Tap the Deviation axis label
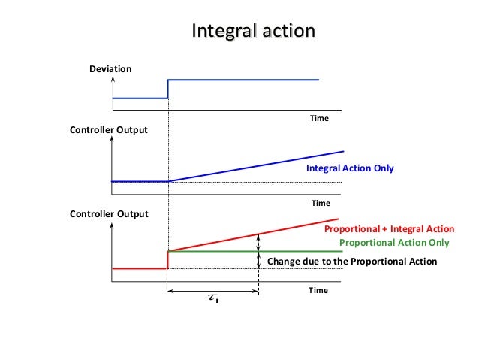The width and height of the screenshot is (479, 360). click(x=110, y=69)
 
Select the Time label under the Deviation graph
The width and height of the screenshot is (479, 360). click(x=320, y=118)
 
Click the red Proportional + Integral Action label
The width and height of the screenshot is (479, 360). click(x=389, y=228)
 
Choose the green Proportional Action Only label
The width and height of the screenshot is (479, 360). click(x=394, y=243)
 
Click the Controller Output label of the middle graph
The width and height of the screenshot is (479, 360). click(x=109, y=130)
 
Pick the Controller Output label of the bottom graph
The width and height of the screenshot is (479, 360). click(x=109, y=213)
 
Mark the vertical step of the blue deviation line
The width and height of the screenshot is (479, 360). click(x=167, y=89)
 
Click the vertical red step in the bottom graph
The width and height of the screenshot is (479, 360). click(x=167, y=259)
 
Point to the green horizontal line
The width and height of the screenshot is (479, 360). click(x=300, y=251)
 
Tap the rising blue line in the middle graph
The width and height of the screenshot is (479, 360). click(x=255, y=166)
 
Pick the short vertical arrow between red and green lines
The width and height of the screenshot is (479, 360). click(x=259, y=242)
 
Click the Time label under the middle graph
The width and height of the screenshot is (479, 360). click(x=321, y=203)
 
